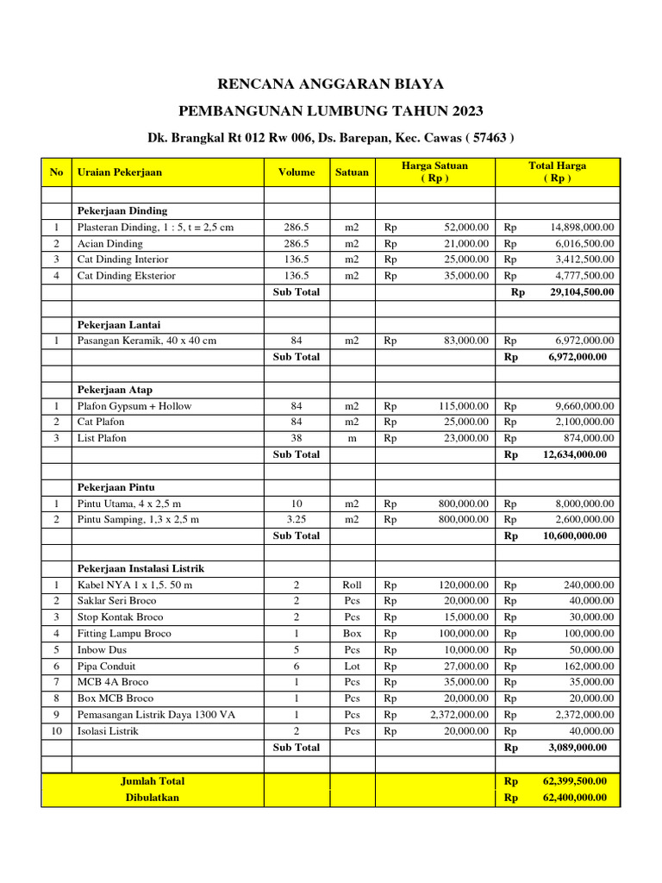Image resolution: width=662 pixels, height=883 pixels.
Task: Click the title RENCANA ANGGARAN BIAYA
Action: (x=330, y=84)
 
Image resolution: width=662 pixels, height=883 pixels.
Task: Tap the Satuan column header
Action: (x=352, y=172)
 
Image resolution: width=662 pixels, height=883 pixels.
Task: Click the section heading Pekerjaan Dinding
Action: (x=122, y=210)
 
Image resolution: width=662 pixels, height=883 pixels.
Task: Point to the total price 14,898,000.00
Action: (x=582, y=227)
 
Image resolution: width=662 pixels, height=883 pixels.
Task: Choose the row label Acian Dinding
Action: (x=110, y=243)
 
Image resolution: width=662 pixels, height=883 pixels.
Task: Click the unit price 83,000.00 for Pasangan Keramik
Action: (x=466, y=341)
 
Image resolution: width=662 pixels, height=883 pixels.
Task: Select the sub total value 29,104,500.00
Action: (x=582, y=292)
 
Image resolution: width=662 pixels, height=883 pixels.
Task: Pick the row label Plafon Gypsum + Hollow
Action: (x=134, y=406)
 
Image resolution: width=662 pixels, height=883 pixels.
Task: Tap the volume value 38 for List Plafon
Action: (x=297, y=438)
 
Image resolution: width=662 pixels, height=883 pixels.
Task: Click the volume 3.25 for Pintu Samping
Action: (x=297, y=519)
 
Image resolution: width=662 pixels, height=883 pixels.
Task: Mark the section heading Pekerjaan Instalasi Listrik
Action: (x=141, y=569)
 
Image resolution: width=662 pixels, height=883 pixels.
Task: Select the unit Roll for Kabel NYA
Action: (x=352, y=585)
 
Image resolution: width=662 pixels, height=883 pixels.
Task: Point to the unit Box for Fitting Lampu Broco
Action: (x=352, y=634)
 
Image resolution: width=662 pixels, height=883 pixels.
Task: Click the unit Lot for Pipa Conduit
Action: (x=352, y=667)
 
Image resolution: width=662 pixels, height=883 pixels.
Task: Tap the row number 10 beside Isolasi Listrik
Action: (x=56, y=731)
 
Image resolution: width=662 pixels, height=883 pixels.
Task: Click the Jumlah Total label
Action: (x=153, y=781)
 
